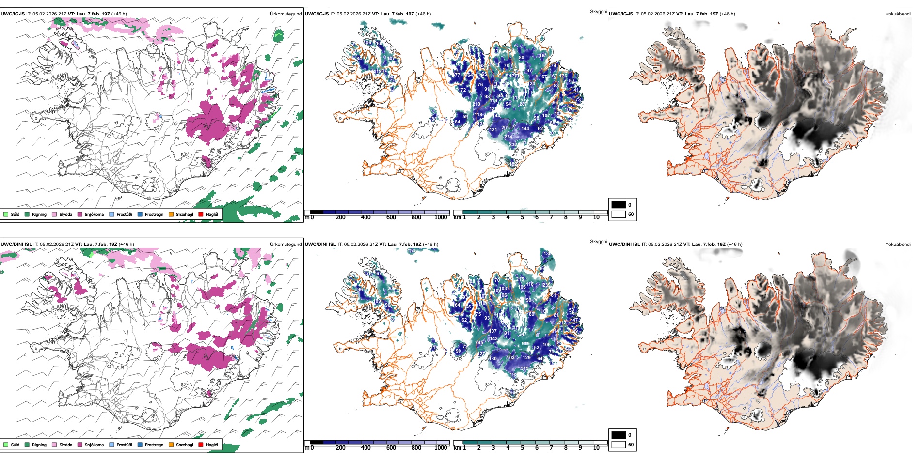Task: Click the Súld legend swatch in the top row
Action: click(x=6, y=214)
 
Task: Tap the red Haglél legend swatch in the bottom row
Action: click(x=201, y=445)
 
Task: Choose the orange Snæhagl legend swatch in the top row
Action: click(x=171, y=214)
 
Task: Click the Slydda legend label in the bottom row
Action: click(x=65, y=445)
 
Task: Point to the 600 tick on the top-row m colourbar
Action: click(x=391, y=217)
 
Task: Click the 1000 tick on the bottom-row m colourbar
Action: click(x=441, y=448)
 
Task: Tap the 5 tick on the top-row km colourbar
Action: click(x=523, y=217)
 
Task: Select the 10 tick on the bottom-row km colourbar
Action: click(x=596, y=448)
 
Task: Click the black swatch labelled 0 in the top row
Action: click(x=619, y=205)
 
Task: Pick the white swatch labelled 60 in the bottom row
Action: click(x=619, y=445)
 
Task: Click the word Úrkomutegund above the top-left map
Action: click(x=286, y=14)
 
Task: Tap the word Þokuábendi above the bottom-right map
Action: click(x=898, y=245)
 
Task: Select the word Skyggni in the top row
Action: click(x=598, y=12)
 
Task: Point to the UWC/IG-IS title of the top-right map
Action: click(x=621, y=14)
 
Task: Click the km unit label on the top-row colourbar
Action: click(x=457, y=217)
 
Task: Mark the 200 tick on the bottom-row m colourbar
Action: click(x=341, y=448)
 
